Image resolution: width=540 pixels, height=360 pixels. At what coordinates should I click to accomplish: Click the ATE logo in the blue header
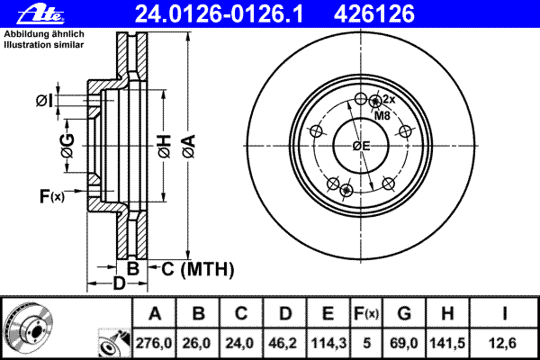(x=41, y=14)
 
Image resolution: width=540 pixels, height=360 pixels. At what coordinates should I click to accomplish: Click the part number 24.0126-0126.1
(x=220, y=14)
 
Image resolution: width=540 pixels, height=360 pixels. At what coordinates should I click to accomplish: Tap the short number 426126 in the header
(x=374, y=14)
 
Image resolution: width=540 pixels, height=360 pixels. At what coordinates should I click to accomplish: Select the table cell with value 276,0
(x=154, y=343)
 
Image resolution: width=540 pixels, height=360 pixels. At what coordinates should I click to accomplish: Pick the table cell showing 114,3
(x=328, y=343)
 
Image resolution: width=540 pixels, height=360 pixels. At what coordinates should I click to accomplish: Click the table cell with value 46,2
(x=284, y=343)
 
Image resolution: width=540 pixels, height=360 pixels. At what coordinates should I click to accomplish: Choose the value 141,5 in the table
(x=447, y=343)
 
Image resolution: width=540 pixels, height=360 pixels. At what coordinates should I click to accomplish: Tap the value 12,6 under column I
(x=504, y=343)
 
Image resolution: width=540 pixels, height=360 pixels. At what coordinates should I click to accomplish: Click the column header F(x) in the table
(x=367, y=313)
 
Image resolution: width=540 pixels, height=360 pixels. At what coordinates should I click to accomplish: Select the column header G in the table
(x=404, y=313)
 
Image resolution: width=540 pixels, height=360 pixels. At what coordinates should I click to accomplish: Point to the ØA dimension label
(x=189, y=147)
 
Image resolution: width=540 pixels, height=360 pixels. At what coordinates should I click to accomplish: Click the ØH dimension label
(x=165, y=147)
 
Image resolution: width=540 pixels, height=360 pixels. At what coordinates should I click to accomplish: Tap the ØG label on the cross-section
(x=67, y=146)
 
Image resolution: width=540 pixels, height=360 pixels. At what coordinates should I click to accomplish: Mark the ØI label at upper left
(x=45, y=101)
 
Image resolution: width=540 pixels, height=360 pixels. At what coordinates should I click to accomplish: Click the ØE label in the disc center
(x=361, y=146)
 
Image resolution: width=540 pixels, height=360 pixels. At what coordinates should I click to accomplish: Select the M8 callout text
(x=382, y=116)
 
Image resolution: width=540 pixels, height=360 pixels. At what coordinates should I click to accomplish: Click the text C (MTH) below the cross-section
(x=198, y=269)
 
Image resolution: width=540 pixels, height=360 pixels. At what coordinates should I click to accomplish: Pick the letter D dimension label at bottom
(x=119, y=283)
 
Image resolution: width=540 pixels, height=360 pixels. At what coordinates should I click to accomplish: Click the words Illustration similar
(x=44, y=45)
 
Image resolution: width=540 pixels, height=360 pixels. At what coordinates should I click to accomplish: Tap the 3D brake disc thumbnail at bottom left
(x=29, y=327)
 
